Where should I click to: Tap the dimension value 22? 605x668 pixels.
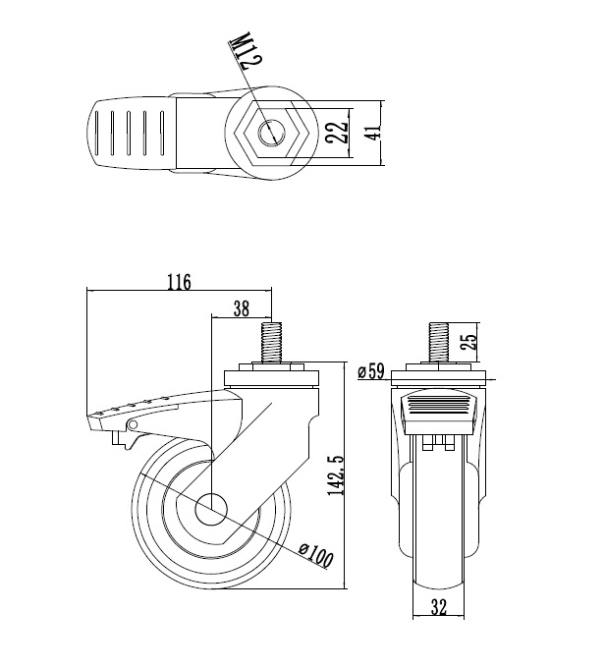(x=337, y=133)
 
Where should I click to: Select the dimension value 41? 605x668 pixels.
(x=373, y=133)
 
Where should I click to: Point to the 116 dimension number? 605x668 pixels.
(x=179, y=282)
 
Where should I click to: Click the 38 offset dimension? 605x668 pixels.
(x=242, y=308)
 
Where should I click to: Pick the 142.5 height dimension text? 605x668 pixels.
(x=335, y=475)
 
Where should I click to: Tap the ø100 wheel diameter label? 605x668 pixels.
(x=315, y=556)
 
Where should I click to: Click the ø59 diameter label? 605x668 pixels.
(x=370, y=371)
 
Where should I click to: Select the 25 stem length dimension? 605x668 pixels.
(x=468, y=342)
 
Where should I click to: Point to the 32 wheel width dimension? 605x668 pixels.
(x=438, y=607)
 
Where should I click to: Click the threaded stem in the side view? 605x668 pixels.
(x=271, y=343)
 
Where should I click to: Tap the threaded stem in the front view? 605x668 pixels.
(x=438, y=343)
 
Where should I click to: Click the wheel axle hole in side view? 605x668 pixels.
(x=211, y=509)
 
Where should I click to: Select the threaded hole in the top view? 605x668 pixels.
(x=271, y=134)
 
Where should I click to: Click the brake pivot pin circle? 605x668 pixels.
(x=133, y=424)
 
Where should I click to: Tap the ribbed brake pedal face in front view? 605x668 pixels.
(x=438, y=406)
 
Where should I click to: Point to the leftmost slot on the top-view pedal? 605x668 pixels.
(x=97, y=134)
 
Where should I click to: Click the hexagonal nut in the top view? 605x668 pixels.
(x=271, y=134)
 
